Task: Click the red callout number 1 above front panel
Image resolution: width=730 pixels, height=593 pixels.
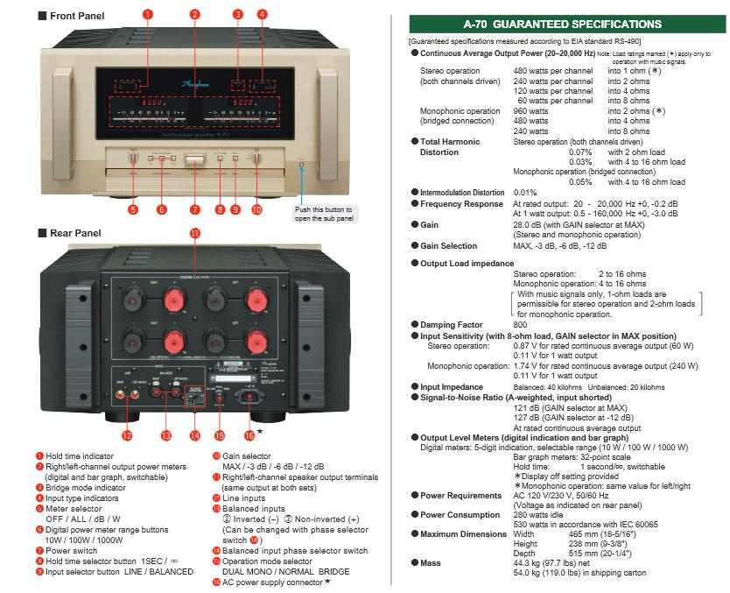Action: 147,14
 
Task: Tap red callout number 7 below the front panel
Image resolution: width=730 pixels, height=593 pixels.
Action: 195,209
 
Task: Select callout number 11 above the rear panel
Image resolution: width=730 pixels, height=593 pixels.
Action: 194,233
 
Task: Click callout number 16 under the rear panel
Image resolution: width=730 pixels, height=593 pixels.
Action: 249,435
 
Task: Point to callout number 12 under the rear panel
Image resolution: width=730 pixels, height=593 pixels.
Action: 127,435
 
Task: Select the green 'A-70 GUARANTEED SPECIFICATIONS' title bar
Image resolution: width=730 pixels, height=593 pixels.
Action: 562,24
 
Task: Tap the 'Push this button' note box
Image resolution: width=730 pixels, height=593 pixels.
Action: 324,215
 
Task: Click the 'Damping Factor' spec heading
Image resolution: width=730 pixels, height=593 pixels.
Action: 452,324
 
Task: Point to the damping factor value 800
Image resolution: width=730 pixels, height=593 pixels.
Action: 520,324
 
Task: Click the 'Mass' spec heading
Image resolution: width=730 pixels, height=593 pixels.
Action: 431,562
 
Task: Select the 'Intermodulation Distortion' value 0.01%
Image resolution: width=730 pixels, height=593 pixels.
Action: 524,192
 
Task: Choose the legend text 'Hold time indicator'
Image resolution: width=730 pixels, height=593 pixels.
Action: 80,455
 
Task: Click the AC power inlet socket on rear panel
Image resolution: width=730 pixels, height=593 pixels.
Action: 248,397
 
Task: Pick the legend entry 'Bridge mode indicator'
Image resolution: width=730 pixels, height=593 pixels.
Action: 85,487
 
